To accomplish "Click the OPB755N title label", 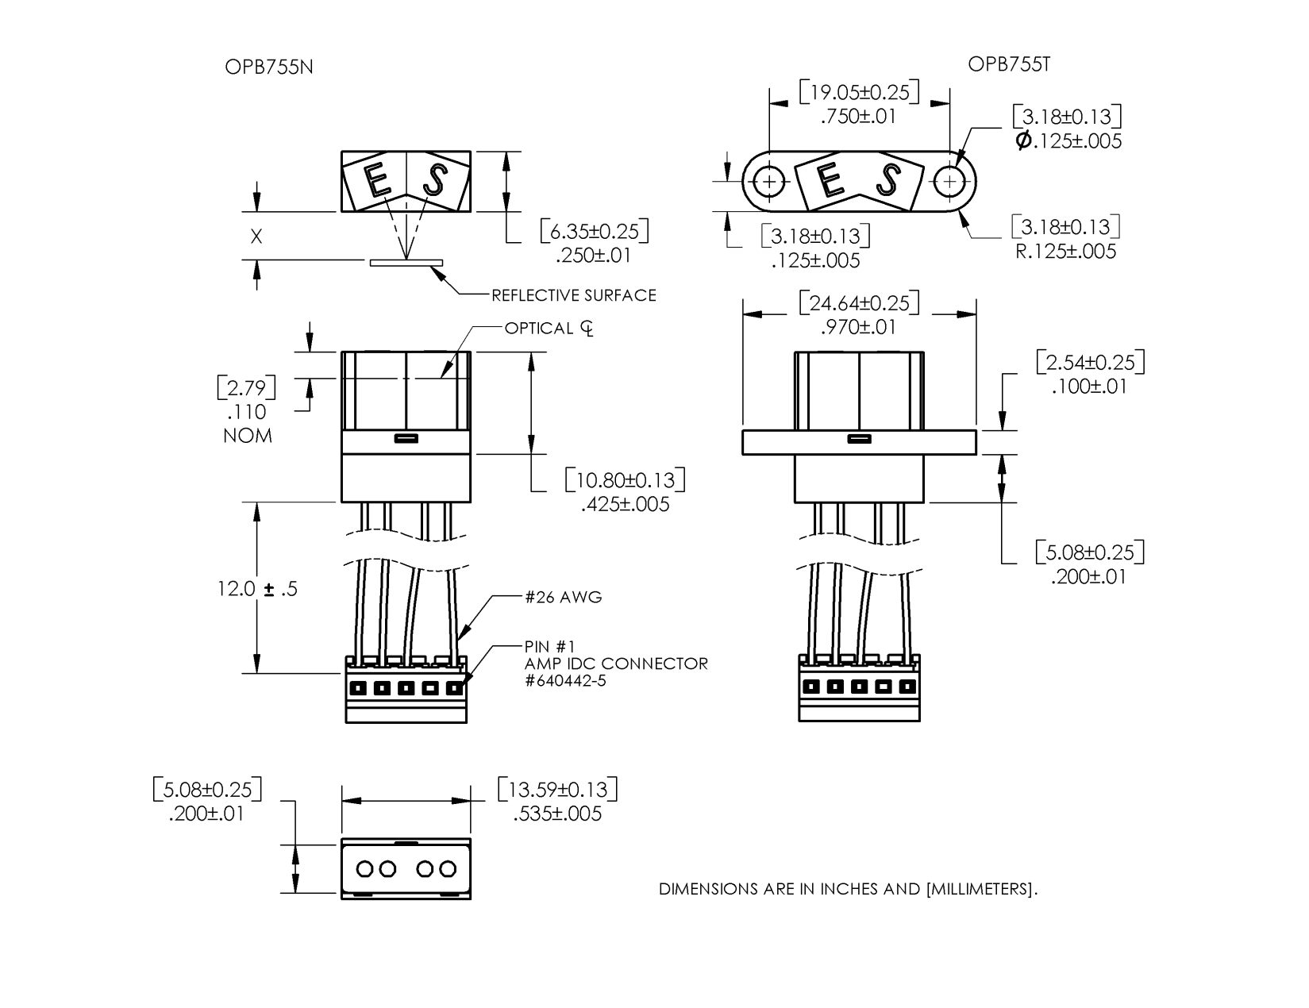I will [269, 67].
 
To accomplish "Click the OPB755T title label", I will [1009, 64].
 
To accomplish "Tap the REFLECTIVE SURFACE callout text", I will [574, 295].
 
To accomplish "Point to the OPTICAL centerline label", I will [549, 328].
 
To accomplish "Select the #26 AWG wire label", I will [563, 597].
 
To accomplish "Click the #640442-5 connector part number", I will [565, 680].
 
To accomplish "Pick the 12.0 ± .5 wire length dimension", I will [257, 589].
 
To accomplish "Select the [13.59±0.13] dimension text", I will [557, 789].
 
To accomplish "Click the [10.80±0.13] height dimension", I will [626, 479].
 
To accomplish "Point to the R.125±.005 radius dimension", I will [1066, 252].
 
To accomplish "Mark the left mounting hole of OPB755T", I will [768, 183].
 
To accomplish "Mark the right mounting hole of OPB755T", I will [949, 183].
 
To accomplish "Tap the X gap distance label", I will [256, 237].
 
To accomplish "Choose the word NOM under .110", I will [248, 436].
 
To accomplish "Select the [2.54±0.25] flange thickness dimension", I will [1091, 362].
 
